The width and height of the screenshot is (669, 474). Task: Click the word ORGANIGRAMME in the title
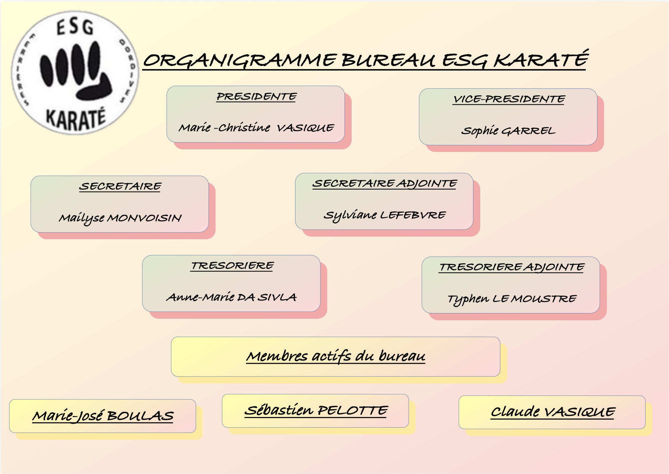point(240,61)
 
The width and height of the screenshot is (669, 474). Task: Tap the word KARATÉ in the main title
point(541,59)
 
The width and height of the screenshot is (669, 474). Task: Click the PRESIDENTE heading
point(256,97)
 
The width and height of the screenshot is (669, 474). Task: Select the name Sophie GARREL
point(508,130)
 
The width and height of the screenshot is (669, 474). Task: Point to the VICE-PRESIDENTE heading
point(509,99)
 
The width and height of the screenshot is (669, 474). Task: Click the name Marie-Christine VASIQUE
point(256,127)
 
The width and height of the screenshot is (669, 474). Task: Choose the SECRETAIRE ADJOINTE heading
point(385,184)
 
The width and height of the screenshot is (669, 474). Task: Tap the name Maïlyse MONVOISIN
point(120,218)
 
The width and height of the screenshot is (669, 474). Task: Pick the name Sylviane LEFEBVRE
point(385,215)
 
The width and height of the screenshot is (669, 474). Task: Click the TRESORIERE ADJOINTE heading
point(512,267)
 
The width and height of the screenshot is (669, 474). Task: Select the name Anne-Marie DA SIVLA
point(232,297)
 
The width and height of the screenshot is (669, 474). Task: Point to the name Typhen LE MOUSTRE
point(512,299)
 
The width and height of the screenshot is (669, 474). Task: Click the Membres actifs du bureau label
point(336,356)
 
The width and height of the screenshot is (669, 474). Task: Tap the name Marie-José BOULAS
point(103,416)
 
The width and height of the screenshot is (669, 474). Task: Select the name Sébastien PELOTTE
point(316,410)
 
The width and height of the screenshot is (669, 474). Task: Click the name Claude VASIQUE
point(553,412)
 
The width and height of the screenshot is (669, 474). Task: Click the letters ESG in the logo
point(75,27)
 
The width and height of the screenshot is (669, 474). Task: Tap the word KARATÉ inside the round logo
point(76,119)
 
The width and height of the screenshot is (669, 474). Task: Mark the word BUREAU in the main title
point(388,61)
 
